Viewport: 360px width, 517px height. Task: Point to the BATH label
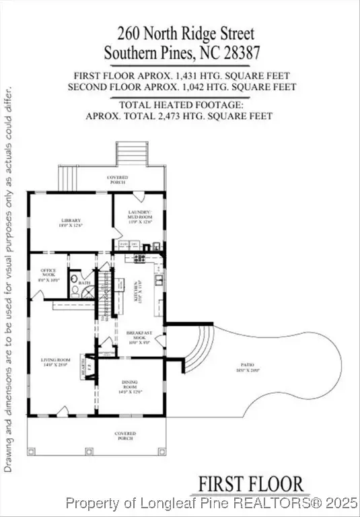84,283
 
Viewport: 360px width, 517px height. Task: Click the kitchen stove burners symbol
140,257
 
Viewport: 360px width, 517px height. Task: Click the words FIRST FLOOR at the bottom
250,483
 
